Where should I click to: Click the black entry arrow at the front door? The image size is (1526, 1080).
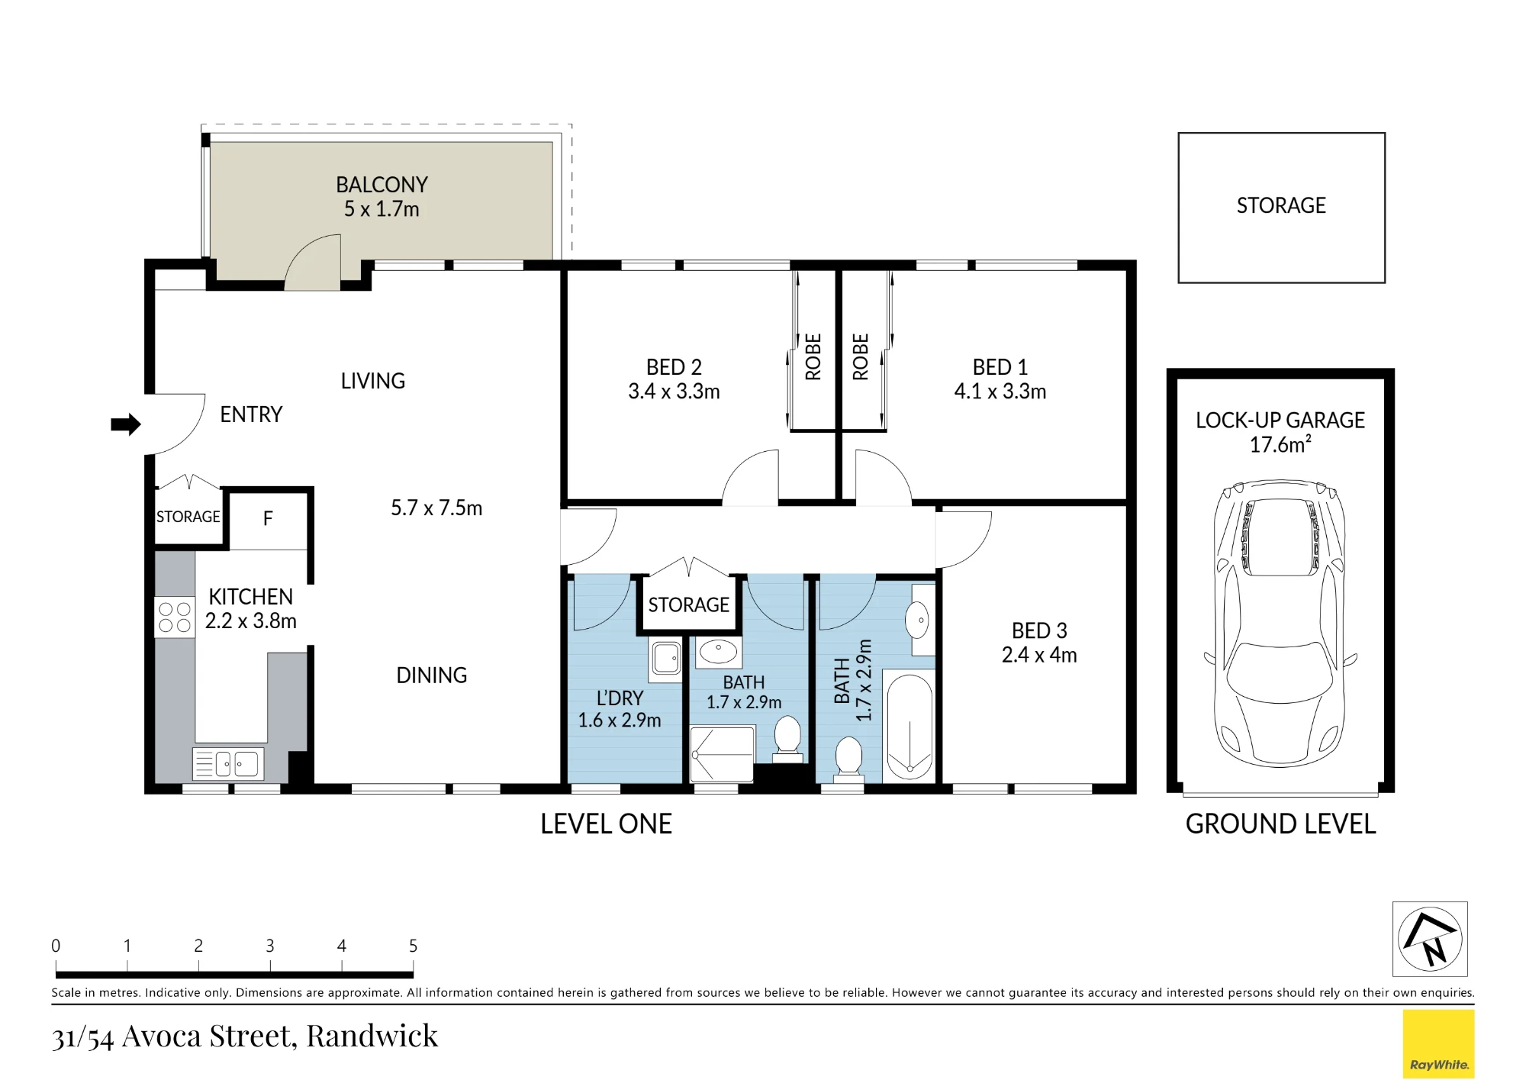pyautogui.click(x=126, y=424)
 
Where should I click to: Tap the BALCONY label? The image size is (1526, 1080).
pyautogui.click(x=381, y=185)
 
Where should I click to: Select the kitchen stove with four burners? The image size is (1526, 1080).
pyautogui.click(x=175, y=617)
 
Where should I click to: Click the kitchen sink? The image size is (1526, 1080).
pyautogui.click(x=228, y=763)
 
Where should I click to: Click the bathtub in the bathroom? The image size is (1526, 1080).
pyautogui.click(x=909, y=726)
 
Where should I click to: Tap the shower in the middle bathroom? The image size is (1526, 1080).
pyautogui.click(x=722, y=754)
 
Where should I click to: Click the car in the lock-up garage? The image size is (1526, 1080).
pyautogui.click(x=1280, y=624)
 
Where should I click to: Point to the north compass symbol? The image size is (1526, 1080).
pyautogui.click(x=1430, y=939)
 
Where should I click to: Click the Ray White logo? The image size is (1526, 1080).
pyautogui.click(x=1438, y=1044)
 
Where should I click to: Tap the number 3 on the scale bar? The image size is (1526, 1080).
pyautogui.click(x=270, y=946)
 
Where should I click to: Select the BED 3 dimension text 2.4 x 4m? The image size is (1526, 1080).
pyautogui.click(x=1039, y=655)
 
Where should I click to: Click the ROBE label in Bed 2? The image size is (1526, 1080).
pyautogui.click(x=813, y=356)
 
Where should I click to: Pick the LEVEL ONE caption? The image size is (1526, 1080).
pyautogui.click(x=606, y=824)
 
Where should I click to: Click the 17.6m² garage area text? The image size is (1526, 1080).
pyautogui.click(x=1280, y=444)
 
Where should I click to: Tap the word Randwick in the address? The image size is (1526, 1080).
pyautogui.click(x=372, y=1036)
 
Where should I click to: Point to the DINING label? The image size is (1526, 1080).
pyautogui.click(x=432, y=675)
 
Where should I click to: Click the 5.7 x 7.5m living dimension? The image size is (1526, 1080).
pyautogui.click(x=436, y=508)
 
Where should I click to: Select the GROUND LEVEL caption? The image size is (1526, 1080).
pyautogui.click(x=1280, y=824)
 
